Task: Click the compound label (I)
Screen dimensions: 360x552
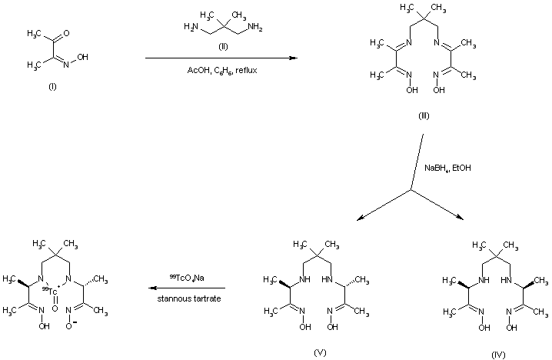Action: pos(52,85)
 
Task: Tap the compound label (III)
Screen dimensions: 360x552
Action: pos(423,116)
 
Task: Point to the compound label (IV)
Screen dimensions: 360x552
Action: pos(499,355)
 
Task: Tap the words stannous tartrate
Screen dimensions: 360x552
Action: pos(197,297)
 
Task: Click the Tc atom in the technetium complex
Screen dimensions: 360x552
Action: pos(53,291)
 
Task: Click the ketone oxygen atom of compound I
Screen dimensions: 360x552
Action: pos(68,32)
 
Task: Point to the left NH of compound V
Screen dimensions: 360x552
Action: pos(303,281)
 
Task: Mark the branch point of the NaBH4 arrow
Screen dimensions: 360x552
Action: pos(413,190)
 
